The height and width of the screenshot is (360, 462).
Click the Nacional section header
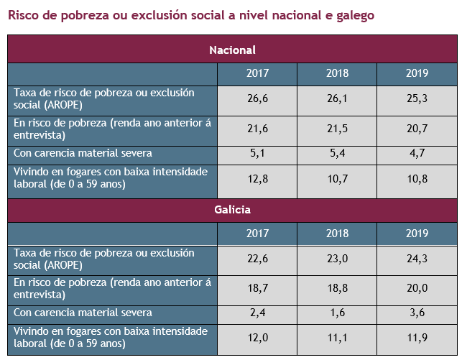[232, 50]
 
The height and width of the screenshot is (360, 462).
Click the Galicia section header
[232, 211]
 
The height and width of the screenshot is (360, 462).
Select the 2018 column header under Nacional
[336, 73]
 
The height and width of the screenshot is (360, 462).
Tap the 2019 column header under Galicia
[417, 234]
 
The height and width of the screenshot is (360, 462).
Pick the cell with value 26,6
[257, 98]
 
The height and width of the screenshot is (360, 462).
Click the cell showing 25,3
[417, 98]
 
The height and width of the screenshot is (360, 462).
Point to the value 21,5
[336, 127]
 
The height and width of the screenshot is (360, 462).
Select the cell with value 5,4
[336, 152]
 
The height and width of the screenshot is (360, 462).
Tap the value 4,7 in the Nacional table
[417, 152]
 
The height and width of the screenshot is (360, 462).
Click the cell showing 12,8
[257, 177]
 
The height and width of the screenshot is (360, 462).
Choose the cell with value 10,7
[336, 177]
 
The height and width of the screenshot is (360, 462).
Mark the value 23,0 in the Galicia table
[336, 258]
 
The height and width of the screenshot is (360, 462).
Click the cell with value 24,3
[417, 258]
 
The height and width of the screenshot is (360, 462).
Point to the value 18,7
[257, 287]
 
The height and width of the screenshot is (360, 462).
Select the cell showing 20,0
[417, 287]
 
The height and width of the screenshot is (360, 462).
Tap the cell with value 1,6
[336, 313]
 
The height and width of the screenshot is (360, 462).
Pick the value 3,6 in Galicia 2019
[417, 313]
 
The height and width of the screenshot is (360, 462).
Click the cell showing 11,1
[336, 338]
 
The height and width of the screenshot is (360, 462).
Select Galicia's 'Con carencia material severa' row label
[83, 313]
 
